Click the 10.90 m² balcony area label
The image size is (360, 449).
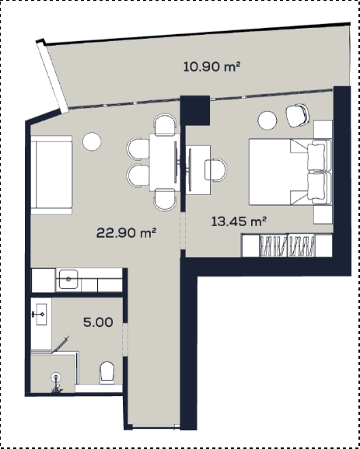click(x=211, y=68)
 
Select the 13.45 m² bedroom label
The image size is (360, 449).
click(x=239, y=220)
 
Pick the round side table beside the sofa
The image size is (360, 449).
click(x=93, y=141)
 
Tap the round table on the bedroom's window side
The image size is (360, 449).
click(x=268, y=120)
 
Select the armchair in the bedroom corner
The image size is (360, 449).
click(x=297, y=115)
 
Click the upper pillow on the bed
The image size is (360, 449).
click(x=317, y=154)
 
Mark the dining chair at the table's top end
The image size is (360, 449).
click(x=165, y=125)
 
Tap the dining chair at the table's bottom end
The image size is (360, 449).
click(x=165, y=199)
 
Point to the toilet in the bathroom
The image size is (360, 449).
click(x=107, y=371)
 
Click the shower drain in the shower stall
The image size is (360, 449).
click(x=56, y=379)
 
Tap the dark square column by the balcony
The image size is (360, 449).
click(x=195, y=108)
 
